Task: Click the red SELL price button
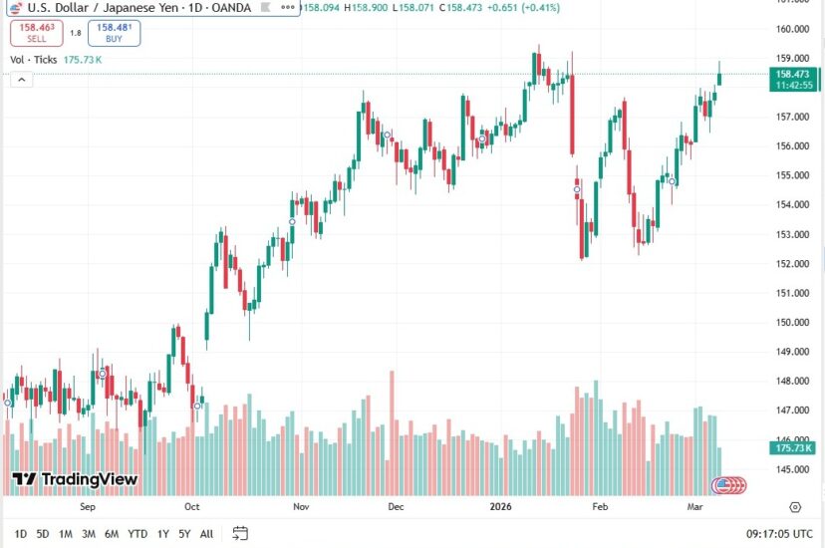point(36,34)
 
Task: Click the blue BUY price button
point(114,34)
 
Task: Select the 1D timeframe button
point(19,533)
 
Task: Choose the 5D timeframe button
point(42,533)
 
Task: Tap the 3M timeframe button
point(89,533)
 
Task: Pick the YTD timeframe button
point(137,533)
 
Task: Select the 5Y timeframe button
point(184,533)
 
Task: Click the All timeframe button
point(206,533)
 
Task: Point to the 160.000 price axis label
point(793,28)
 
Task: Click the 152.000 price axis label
point(793,264)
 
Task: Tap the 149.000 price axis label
point(793,352)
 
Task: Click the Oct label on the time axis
point(192,506)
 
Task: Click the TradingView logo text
point(75,479)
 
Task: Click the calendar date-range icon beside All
point(240,533)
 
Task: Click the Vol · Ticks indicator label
point(34,60)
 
